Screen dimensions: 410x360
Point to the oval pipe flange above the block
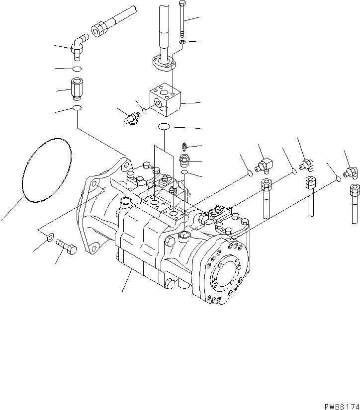(163, 62)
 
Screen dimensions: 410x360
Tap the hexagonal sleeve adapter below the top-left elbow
(77, 89)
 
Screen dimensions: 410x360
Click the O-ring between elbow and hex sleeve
(77, 68)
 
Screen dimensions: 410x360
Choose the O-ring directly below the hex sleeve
(77, 108)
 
